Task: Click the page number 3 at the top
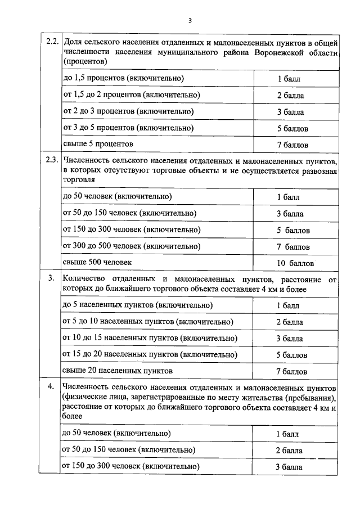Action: click(190, 21)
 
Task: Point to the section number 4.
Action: click(52, 387)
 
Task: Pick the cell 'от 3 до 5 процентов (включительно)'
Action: click(128, 128)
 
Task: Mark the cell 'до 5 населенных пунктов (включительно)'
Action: click(138, 305)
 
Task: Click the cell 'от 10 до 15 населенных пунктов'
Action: click(150, 339)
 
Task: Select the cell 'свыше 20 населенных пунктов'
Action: click(118, 371)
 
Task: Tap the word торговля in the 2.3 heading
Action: click(79, 180)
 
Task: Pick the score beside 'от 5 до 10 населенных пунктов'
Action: click(289, 322)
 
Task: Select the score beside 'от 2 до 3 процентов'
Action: click(290, 112)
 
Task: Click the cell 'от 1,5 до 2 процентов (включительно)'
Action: click(132, 95)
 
